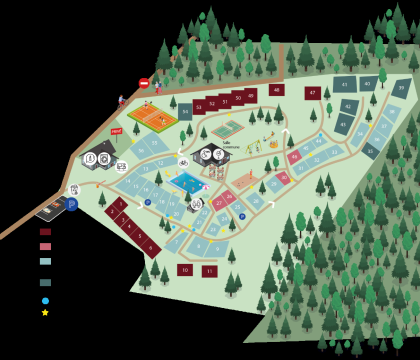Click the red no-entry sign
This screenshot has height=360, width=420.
144,83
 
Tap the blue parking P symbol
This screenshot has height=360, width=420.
71,204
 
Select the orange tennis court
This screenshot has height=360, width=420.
152,116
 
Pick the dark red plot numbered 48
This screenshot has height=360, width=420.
276,90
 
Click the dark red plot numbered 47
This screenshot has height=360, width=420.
313,93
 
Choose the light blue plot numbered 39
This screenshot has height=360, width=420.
401,88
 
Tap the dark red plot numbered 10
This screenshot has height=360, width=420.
185,269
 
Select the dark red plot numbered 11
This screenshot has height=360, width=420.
209,271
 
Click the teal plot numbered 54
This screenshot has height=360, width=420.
185,111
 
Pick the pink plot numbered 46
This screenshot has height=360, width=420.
294,157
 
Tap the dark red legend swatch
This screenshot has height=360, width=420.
45,232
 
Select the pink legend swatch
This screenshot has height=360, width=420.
45,246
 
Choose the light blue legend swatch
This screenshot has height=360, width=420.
45,261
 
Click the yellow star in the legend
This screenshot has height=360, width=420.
45,312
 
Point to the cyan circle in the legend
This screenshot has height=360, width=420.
45,300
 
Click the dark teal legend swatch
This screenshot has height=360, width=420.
45,282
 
